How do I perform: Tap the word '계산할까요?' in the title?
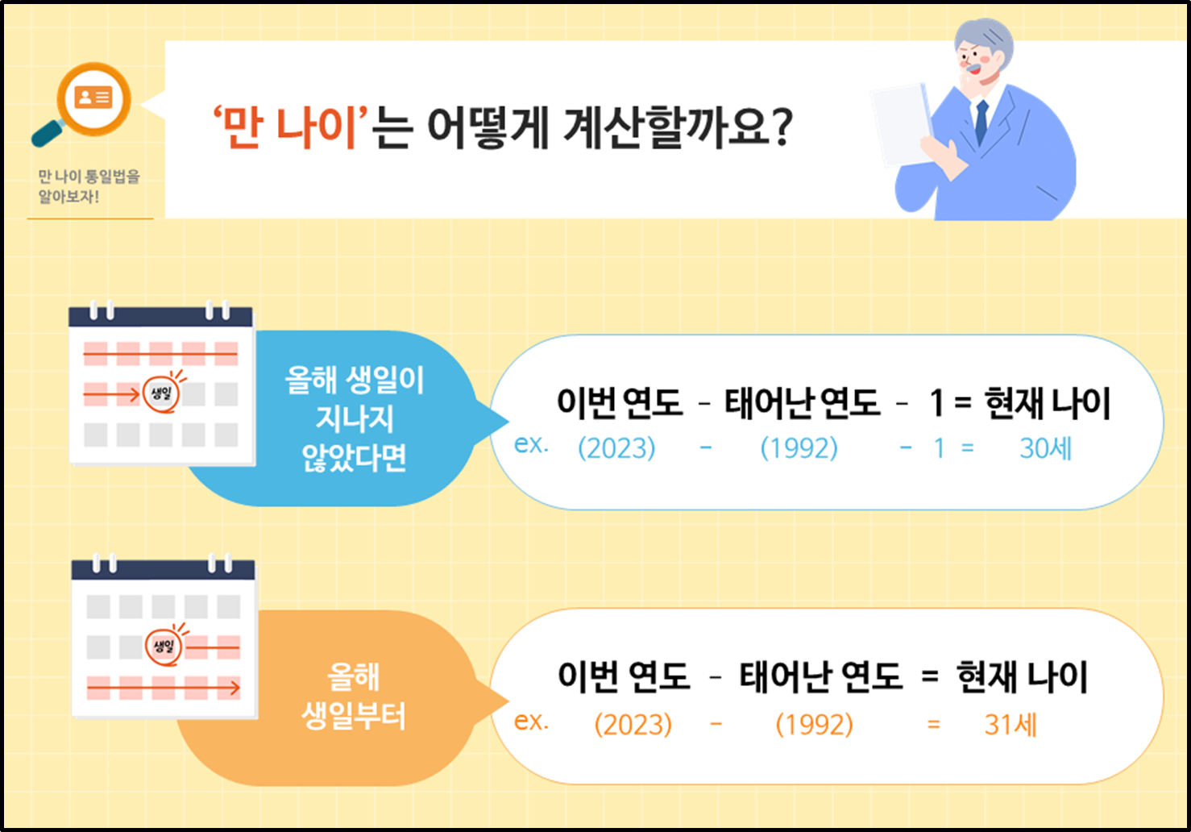tap(678, 128)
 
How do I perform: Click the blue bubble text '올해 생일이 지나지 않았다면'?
tap(354, 419)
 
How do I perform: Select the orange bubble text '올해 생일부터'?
tap(354, 697)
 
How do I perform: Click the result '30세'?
tap(1045, 448)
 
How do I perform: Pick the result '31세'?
tap(1010, 725)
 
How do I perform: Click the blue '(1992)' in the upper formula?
tap(799, 448)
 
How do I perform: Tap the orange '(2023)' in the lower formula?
tap(633, 725)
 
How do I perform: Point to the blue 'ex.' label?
tap(531, 444)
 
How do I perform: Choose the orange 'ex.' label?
tap(531, 721)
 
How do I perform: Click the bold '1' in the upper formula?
tap(936, 403)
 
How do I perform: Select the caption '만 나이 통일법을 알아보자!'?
tap(89, 186)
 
